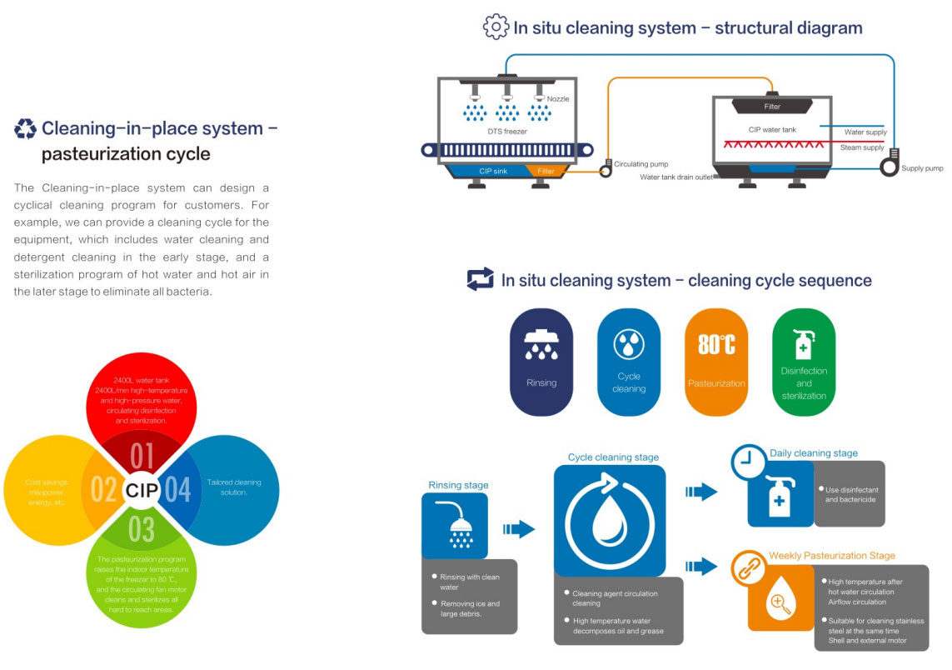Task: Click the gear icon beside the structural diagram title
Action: [495, 27]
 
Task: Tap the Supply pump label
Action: [922, 168]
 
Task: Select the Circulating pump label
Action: [640, 164]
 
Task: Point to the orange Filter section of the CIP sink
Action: [546, 171]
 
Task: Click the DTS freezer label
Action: [507, 131]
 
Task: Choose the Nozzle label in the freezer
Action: [558, 99]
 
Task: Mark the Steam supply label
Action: [862, 147]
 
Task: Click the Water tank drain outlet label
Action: [675, 177]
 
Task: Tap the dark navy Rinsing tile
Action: [541, 362]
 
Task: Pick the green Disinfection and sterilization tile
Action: [804, 362]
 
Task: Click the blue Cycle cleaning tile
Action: [629, 362]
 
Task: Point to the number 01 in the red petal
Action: [142, 456]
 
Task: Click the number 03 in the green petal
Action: [142, 528]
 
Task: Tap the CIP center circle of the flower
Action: [142, 491]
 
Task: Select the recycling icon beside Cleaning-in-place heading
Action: [26, 128]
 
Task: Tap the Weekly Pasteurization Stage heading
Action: [832, 556]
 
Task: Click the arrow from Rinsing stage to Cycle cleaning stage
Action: [519, 528]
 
